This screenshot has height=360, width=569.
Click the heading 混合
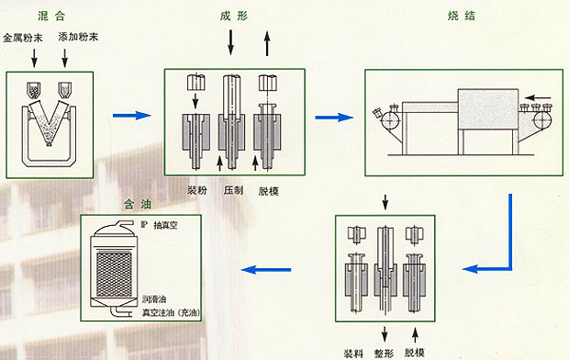tap(51, 16)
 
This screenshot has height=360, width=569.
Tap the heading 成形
tap(234, 16)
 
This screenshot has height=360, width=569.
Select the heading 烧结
tap(462, 16)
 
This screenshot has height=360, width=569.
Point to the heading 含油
tap(138, 205)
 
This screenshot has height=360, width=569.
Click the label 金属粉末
tap(23, 38)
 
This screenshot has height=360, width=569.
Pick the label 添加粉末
tap(78, 37)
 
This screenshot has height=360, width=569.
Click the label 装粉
tap(197, 190)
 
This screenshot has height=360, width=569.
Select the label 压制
tap(233, 190)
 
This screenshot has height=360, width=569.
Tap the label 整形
tap(384, 353)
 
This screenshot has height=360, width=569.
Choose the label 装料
tap(353, 353)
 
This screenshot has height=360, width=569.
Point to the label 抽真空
tap(165, 225)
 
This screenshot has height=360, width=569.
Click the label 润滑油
tap(154, 299)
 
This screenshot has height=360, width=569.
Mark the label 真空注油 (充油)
tap(172, 312)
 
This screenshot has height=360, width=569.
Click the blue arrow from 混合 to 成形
tap(132, 116)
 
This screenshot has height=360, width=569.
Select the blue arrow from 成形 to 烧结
tap(334, 117)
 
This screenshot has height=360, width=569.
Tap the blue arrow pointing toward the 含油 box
tap(266, 270)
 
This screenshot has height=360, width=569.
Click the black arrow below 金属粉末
tap(35, 58)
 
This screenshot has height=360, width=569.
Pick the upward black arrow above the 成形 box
tap(267, 43)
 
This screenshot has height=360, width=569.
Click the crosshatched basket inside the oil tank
tap(114, 275)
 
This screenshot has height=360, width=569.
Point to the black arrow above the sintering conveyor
tap(538, 97)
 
